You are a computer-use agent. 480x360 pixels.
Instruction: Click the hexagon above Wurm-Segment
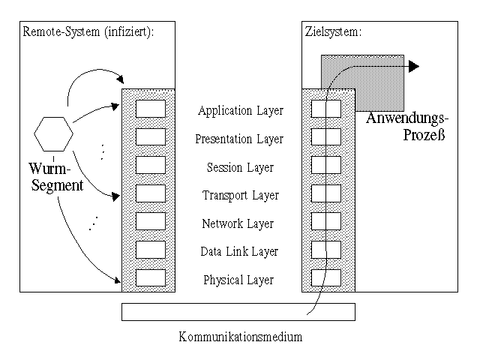[54, 135]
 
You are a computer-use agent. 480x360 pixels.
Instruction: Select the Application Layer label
[241, 111]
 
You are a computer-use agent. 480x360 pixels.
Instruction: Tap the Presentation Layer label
[239, 139]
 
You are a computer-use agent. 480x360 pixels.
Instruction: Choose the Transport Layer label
[240, 196]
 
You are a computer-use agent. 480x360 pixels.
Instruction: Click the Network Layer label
[238, 223]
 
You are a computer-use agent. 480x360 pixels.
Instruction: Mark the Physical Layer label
[238, 280]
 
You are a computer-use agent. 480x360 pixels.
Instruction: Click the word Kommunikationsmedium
[240, 337]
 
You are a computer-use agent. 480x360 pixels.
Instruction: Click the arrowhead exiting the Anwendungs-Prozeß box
[413, 67]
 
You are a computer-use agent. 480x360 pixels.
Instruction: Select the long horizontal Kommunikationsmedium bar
[238, 311]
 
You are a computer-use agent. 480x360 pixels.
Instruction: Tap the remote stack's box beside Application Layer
[151, 109]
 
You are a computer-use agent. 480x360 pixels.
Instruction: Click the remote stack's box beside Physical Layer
[151, 277]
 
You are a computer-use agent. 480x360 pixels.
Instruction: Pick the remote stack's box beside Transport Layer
[151, 193]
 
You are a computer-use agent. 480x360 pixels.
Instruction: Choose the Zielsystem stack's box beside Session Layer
[326, 165]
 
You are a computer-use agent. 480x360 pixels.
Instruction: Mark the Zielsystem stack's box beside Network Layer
[326, 221]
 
